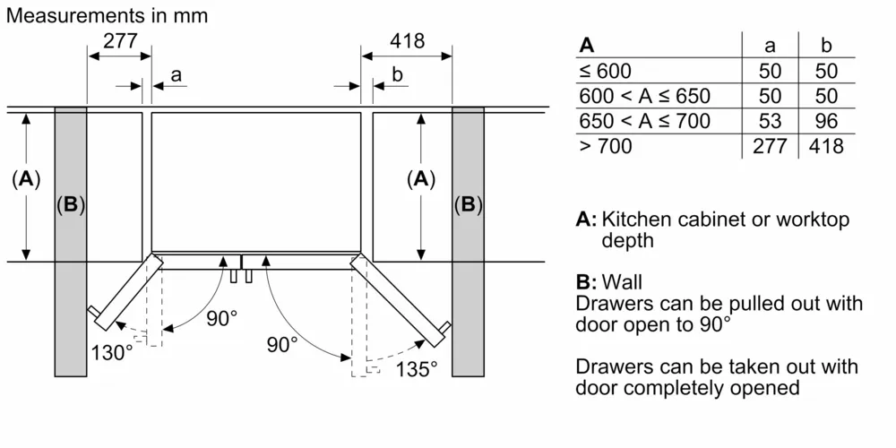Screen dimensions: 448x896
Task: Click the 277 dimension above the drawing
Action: click(119, 41)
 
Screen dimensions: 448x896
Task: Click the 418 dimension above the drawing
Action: click(407, 41)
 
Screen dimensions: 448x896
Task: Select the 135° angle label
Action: click(416, 367)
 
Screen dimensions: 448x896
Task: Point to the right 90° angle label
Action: click(281, 343)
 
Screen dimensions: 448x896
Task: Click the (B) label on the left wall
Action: click(71, 205)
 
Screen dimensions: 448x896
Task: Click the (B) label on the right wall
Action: click(468, 205)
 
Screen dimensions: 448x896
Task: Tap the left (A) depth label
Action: click(26, 179)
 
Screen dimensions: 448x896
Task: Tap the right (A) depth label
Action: click(419, 179)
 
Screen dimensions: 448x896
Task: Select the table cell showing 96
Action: click(825, 121)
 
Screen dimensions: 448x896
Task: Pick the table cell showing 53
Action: click(770, 121)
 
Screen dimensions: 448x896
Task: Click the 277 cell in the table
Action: click(770, 146)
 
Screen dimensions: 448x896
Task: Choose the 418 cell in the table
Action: click(825, 146)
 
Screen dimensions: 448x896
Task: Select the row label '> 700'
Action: click(606, 146)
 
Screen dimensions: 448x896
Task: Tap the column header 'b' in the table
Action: click(826, 46)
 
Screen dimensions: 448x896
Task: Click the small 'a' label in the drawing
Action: click(176, 76)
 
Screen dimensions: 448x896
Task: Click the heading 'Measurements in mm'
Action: click(105, 15)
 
